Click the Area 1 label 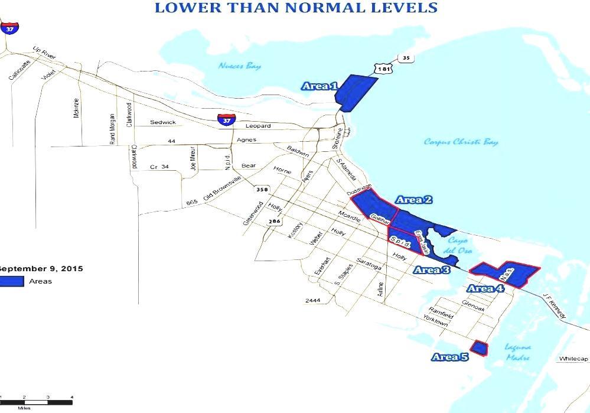320,86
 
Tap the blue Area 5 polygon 479,348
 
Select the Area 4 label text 485,288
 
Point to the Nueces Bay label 239,66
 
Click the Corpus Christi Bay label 461,142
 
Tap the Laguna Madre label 517,352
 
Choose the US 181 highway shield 384,69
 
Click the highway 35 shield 405,58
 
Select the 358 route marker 261,190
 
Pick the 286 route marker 274,222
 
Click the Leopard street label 257,126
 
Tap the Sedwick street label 162,122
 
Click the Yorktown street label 436,320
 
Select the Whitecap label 573,359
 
